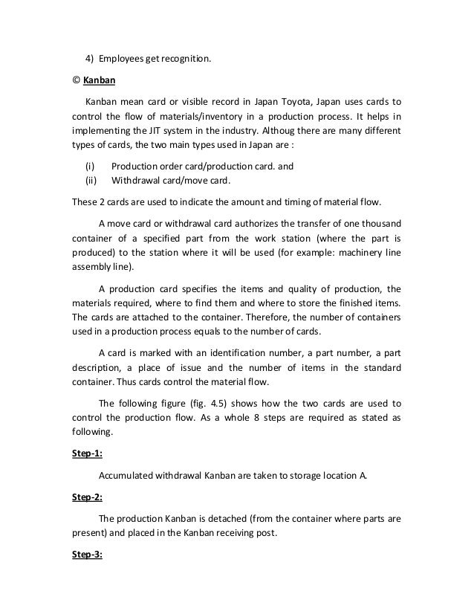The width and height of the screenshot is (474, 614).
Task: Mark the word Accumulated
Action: point(127,476)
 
